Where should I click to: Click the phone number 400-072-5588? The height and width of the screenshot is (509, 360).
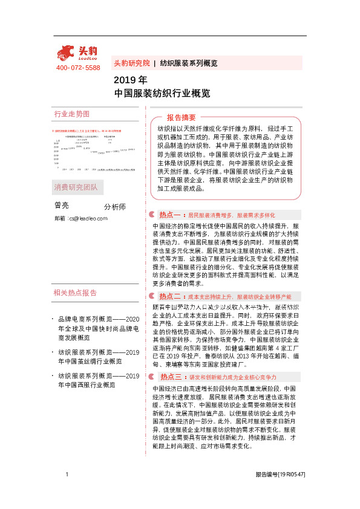click(x=78, y=68)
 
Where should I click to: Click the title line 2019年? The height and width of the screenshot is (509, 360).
click(x=130, y=80)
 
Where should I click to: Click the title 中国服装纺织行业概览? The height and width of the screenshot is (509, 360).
click(x=162, y=94)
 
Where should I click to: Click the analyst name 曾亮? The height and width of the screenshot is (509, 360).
click(x=62, y=206)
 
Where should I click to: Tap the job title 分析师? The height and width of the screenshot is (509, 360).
click(x=115, y=207)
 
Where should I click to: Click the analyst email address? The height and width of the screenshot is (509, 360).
click(x=80, y=218)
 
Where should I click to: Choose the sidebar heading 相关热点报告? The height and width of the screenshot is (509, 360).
click(x=75, y=293)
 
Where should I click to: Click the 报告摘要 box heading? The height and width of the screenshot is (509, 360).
click(x=181, y=117)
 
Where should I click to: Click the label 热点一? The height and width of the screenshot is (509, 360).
click(x=170, y=215)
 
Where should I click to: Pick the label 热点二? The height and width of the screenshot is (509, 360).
click(x=170, y=297)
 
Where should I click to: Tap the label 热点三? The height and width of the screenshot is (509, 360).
click(x=170, y=375)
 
